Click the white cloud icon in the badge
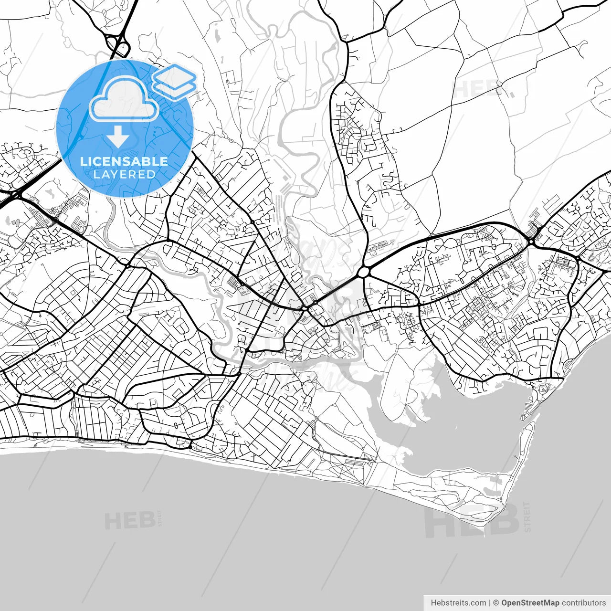(x=124, y=99)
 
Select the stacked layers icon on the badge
(x=175, y=81)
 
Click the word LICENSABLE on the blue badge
(x=124, y=161)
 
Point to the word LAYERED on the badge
(x=124, y=174)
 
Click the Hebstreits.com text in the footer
(x=459, y=603)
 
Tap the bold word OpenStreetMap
(x=530, y=603)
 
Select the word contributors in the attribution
(x=583, y=603)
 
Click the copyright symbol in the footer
(x=496, y=603)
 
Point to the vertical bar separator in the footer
(x=490, y=603)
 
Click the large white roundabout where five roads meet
(x=364, y=272)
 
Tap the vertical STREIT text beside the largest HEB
(x=527, y=516)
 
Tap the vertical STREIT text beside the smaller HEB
(x=160, y=518)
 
